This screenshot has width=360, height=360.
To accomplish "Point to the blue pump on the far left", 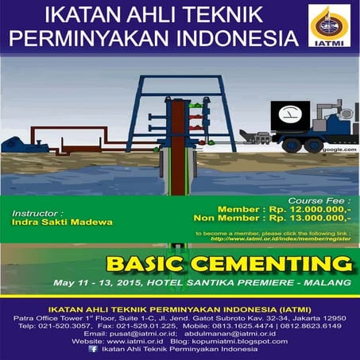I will tap(14, 145).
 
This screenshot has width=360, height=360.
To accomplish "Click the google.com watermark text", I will tap(335, 149).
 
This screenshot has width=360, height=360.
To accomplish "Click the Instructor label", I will tap(39, 213).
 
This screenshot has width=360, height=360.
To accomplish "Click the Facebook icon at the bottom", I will tap(93, 348).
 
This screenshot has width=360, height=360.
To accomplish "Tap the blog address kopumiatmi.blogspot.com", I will tap(242, 341).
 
